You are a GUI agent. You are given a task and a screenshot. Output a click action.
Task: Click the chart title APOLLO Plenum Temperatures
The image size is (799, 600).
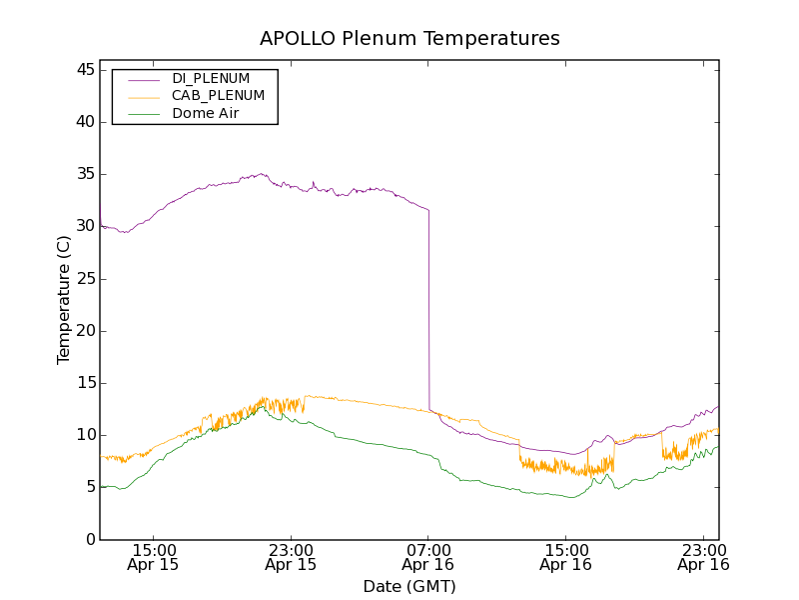click(x=409, y=39)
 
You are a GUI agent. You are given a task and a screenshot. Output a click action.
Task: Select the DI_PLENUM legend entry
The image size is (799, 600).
click(x=211, y=78)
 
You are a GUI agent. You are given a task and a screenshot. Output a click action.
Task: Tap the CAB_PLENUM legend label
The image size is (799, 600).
click(x=218, y=96)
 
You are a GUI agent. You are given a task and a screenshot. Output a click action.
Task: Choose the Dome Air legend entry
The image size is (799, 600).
click(x=206, y=114)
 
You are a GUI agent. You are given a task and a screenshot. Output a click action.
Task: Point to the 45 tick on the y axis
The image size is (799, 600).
click(x=83, y=70)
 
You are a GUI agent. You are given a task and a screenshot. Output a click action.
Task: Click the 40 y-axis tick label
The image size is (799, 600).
click(x=83, y=122)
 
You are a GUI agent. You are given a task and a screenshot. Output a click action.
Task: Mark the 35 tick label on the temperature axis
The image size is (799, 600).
click(x=83, y=174)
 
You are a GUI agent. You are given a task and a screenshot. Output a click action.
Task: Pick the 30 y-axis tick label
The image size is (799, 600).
click(x=83, y=226)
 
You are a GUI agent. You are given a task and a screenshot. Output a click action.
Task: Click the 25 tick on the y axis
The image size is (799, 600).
click(x=83, y=278)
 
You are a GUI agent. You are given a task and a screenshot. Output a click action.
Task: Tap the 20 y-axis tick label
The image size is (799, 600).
click(x=83, y=331)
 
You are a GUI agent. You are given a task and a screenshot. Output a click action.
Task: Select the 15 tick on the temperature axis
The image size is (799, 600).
click(x=83, y=383)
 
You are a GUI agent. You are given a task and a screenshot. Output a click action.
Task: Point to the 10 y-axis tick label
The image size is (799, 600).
click(x=83, y=435)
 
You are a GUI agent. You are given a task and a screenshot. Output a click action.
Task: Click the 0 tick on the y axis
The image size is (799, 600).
click(x=88, y=539)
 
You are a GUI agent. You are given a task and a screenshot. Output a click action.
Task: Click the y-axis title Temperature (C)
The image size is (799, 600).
click(x=64, y=300)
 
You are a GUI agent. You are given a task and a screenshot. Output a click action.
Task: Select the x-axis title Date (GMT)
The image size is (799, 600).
click(x=409, y=586)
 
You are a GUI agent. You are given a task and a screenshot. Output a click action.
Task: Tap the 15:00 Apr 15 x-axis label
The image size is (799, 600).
click(x=153, y=557)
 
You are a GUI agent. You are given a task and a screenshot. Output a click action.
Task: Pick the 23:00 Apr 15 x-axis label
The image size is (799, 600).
click(x=291, y=557)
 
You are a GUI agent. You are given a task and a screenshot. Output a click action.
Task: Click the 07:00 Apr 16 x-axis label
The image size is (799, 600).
click(x=427, y=557)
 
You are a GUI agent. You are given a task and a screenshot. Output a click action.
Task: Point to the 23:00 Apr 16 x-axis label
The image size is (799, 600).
click(x=703, y=557)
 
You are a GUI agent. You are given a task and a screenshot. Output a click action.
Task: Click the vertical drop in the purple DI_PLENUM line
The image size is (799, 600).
click(x=428, y=310)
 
